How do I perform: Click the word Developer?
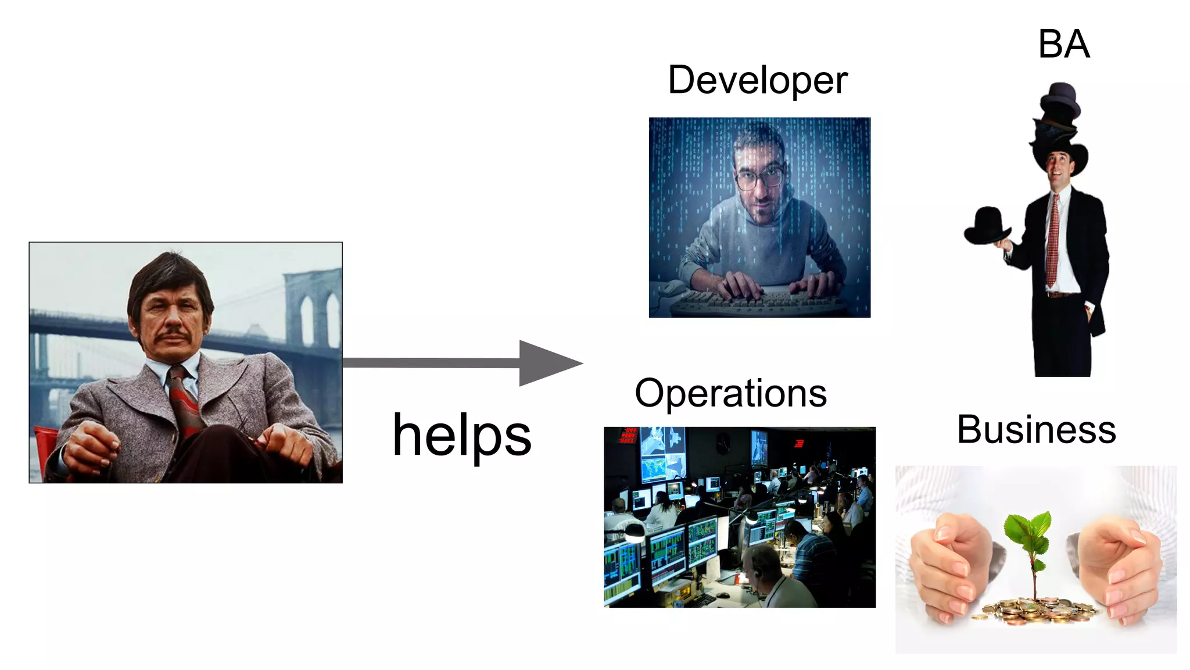point(757,80)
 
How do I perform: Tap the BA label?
point(1063,44)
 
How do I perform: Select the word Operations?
point(730,394)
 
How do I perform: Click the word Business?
point(1036,430)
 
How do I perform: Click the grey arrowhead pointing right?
point(549,363)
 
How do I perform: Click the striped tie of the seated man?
point(185,401)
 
